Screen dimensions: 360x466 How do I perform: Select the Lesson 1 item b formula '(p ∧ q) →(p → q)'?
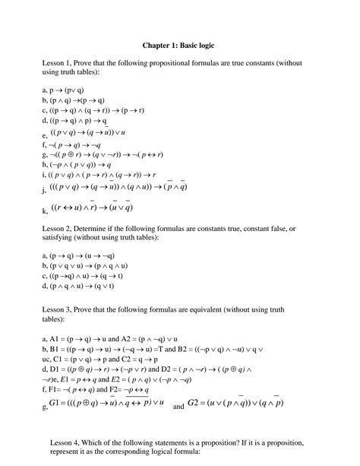(77, 100)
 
